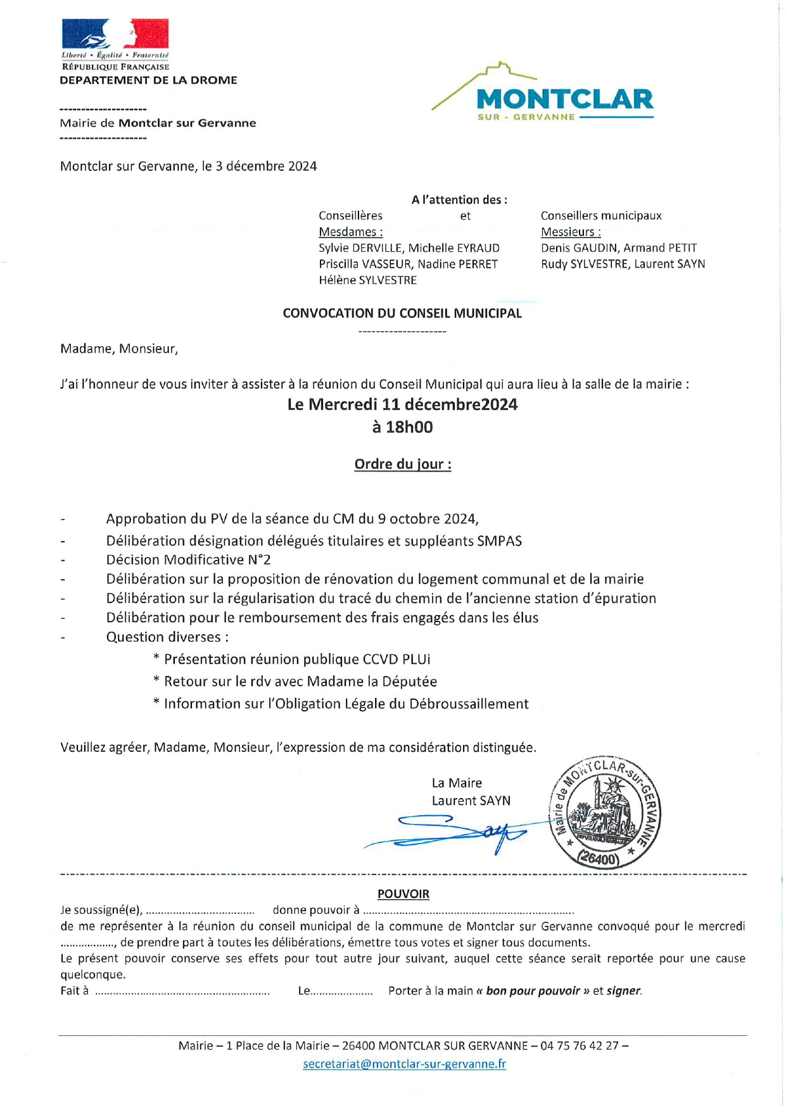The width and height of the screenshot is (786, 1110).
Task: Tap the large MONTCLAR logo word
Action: coord(564,99)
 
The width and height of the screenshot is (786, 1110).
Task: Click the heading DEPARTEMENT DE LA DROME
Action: coord(148,80)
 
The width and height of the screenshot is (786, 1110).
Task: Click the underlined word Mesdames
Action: coord(350,232)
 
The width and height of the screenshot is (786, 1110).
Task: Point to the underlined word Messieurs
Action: coord(570,232)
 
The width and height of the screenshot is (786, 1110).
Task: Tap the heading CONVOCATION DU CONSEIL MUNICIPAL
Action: coord(402,313)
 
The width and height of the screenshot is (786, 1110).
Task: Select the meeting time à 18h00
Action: coord(403,427)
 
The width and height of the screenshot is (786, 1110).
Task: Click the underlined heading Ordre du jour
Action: coord(403,465)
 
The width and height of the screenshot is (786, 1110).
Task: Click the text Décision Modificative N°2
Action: coord(188,560)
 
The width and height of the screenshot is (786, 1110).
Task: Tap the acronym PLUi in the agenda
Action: coord(416,659)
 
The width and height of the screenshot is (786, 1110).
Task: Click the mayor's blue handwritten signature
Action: coord(456,832)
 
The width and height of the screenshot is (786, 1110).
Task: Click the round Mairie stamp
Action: coord(604,813)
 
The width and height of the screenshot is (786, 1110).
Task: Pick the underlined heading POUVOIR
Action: coord(403,894)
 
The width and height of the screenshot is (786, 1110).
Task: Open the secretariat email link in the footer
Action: coord(404,1064)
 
